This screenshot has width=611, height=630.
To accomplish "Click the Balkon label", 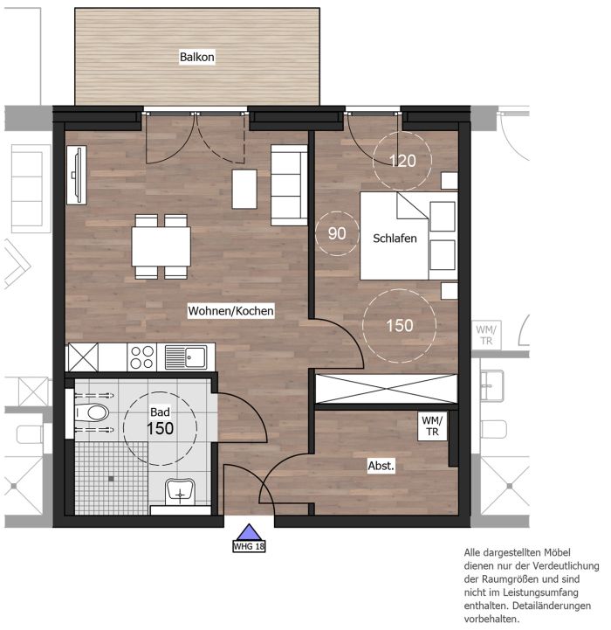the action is [x=196, y=57].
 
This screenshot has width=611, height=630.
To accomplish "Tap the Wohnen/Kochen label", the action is [x=230, y=310].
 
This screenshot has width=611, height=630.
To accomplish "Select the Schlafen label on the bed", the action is [x=395, y=239].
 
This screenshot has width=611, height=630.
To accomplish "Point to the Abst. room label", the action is [x=381, y=466].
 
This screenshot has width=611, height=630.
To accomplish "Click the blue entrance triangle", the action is [x=249, y=532].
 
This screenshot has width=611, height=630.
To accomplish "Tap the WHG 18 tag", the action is [x=249, y=546].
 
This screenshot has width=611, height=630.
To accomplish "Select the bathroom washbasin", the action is [x=181, y=491].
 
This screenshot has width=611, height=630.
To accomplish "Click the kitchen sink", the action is [x=186, y=357].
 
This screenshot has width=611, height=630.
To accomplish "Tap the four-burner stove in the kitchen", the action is [x=142, y=357].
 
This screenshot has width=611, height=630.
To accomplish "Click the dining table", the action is [x=161, y=246].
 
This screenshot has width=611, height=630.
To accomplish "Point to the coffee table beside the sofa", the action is [x=244, y=189].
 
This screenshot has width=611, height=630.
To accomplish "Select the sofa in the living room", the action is [x=289, y=185].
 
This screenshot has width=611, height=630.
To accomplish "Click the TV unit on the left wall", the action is [x=77, y=175].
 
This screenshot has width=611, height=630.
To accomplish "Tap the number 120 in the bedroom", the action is [x=402, y=161].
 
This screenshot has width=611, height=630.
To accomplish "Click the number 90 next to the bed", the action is [x=337, y=233].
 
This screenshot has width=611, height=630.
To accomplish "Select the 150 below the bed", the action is [x=400, y=325].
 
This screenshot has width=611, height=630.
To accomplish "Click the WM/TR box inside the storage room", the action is [x=432, y=426].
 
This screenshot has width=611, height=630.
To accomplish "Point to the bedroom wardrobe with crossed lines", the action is [x=386, y=389].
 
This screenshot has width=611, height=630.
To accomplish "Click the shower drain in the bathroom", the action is [x=111, y=479].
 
